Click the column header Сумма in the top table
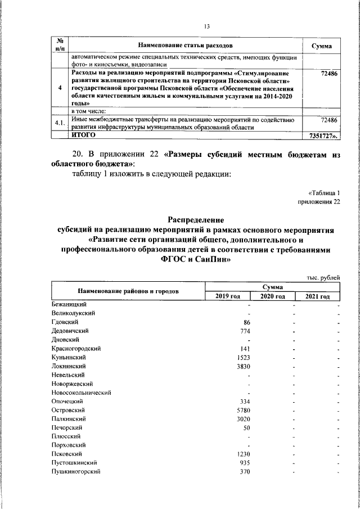click(x=321, y=46)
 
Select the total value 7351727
click(x=323, y=136)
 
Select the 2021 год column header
click(x=318, y=296)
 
